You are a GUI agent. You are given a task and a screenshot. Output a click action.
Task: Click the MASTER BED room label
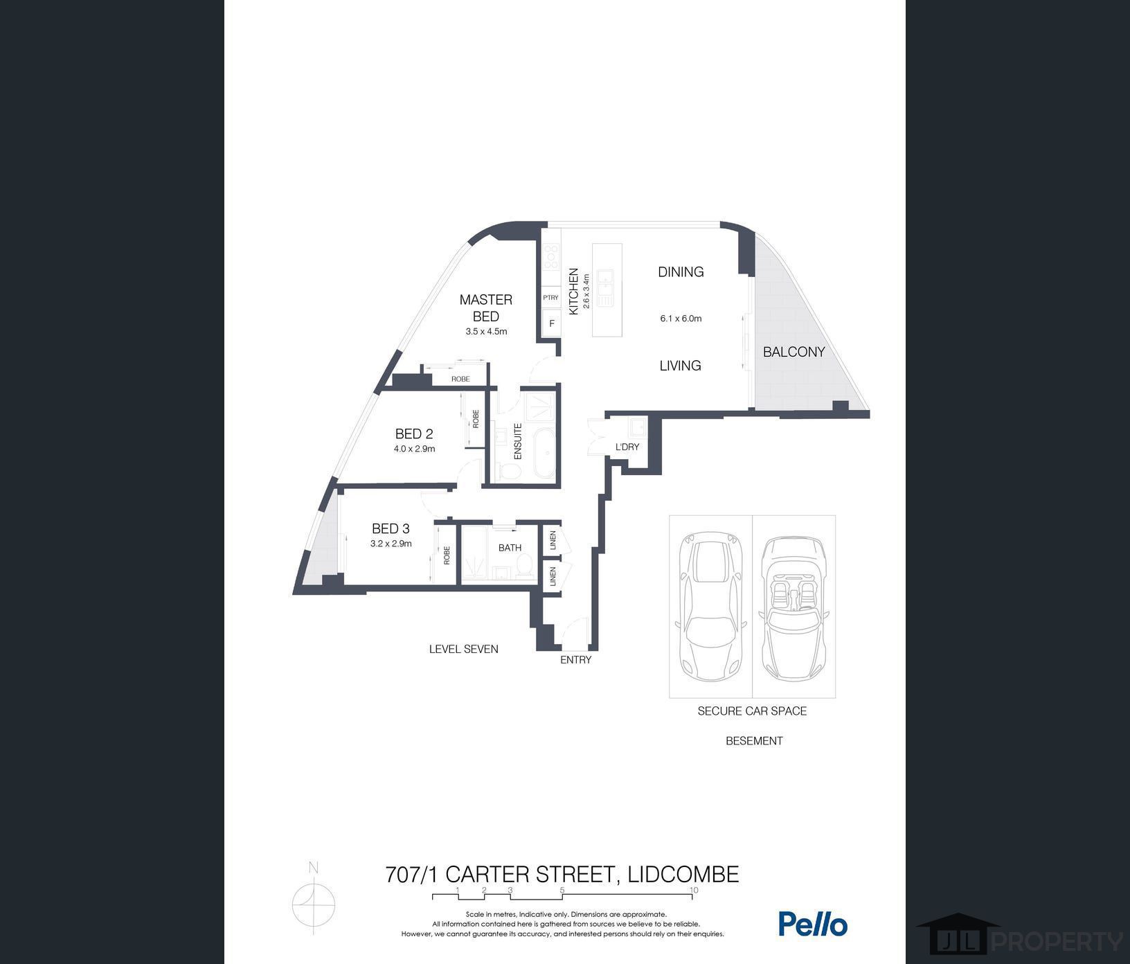point(486,307)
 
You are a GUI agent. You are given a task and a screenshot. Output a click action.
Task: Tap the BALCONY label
point(793,352)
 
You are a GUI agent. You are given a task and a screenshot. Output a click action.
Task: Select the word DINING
point(681,272)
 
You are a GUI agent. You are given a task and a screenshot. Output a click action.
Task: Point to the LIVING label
point(680,366)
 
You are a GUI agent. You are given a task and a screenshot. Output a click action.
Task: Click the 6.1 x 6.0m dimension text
point(681,319)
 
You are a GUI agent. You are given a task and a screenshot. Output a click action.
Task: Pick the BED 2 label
point(414,434)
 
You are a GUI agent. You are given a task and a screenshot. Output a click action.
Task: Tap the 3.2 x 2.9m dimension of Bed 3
point(391,544)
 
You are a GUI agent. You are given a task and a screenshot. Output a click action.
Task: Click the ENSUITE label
point(517,441)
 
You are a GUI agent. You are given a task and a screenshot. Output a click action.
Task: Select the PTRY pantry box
point(550,298)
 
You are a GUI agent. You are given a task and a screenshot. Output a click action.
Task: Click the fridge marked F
point(552,323)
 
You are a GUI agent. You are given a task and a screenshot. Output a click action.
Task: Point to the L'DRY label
point(627,447)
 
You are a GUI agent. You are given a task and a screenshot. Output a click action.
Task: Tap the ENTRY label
point(575,660)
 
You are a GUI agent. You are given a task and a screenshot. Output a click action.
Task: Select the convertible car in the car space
point(793,608)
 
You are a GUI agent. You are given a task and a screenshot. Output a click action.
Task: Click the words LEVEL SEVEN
point(463,649)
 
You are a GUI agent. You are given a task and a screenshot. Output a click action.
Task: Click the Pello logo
point(813,924)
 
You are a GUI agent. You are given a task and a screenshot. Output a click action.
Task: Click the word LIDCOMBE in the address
point(683,875)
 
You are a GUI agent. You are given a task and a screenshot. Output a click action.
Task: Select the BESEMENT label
point(754,741)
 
